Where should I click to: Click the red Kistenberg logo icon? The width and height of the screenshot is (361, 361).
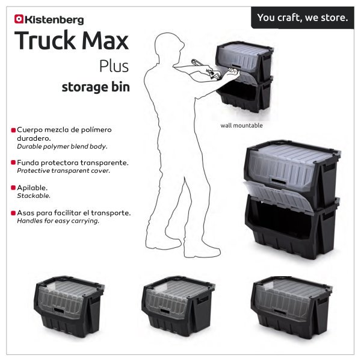coord(19,19)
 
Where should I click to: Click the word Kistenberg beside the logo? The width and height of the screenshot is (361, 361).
coord(54,20)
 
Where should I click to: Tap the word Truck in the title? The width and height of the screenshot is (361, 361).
coord(45,40)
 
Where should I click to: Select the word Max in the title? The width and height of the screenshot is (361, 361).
coord(105,41)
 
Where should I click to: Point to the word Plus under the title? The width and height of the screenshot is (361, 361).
coord(114,66)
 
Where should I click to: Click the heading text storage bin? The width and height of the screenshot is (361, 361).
coord(96,87)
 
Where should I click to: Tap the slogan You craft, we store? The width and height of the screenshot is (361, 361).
coord(303,17)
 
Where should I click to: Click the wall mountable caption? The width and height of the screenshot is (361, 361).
coord(241,126)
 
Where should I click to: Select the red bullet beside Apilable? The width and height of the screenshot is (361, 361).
coord(13,188)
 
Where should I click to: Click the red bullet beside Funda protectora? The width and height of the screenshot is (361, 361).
coord(13,162)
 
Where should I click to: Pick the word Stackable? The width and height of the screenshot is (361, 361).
coord(34,196)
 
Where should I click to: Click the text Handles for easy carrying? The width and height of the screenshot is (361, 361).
coord(58,221)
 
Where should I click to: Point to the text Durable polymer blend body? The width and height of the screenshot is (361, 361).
coord(62,146)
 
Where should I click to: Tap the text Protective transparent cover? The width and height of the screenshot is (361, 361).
coord(64,171)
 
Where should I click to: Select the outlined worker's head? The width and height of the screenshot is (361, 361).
coord(170,45)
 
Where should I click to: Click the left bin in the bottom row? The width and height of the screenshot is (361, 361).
coord(69,306)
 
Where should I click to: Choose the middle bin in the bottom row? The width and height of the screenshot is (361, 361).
coord(178,306)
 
